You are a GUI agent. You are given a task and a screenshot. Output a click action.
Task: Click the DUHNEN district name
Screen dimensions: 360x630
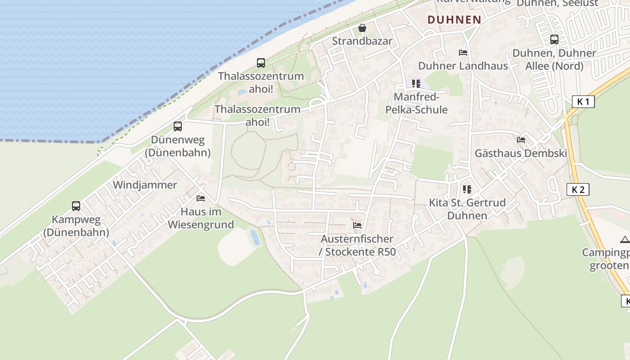click(x=454, y=20)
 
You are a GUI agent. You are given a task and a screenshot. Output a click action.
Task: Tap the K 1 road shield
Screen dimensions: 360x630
click(x=583, y=102)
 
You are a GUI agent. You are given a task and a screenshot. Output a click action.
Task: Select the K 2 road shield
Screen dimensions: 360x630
click(x=577, y=189)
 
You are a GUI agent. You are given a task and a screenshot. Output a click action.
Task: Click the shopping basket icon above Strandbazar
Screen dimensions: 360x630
click(x=362, y=28)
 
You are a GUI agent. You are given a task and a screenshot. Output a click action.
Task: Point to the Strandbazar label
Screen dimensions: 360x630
click(x=362, y=41)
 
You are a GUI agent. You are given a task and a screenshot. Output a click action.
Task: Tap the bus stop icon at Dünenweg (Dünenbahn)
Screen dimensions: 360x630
click(x=178, y=126)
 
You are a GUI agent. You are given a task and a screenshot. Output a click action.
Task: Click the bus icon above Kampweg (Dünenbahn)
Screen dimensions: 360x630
click(x=76, y=206)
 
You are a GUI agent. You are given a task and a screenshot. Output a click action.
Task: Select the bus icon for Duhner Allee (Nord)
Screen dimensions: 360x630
click(x=554, y=40)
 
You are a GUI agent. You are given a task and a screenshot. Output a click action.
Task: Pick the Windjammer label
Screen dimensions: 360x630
click(x=145, y=185)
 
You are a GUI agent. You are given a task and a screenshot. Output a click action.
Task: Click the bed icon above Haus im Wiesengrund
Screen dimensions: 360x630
click(x=201, y=198)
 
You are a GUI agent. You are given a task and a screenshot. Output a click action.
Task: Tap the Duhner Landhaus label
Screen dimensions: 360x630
click(x=463, y=66)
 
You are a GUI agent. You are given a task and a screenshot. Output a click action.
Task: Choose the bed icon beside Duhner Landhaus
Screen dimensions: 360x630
click(x=463, y=53)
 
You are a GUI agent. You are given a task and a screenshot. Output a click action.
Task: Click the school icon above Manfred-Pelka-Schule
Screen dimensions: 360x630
click(x=416, y=84)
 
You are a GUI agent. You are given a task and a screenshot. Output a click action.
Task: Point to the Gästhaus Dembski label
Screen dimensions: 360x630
click(x=521, y=153)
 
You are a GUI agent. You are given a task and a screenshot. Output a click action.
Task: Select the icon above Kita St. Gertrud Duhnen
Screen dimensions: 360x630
click(x=467, y=189)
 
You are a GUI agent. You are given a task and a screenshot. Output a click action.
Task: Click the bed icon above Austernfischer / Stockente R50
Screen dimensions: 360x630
click(x=357, y=225)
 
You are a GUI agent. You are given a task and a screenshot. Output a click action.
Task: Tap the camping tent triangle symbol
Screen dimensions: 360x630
click(x=625, y=239)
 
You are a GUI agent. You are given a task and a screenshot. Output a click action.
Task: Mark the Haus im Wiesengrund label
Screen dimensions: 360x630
click(x=201, y=218)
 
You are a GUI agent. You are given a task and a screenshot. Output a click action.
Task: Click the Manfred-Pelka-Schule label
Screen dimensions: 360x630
click(x=416, y=103)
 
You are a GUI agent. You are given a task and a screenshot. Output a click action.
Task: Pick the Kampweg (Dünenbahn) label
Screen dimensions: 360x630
click(x=76, y=226)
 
